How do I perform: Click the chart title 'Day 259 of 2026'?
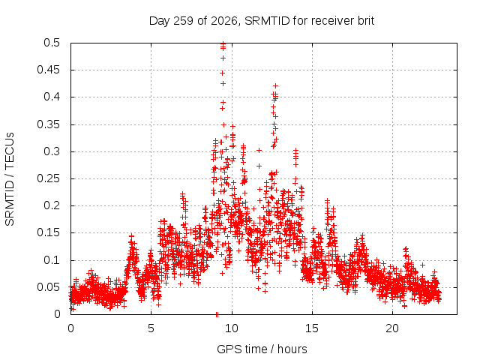[x=193, y=21]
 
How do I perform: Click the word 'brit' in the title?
[x=366, y=21]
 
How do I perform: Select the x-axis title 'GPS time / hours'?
[x=262, y=349]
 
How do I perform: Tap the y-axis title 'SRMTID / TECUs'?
[x=10, y=179]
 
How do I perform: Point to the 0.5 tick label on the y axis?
[x=52, y=43]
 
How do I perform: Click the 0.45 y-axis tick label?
[x=48, y=70]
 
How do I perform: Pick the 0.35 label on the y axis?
[x=48, y=124]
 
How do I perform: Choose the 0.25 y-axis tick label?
[x=48, y=178]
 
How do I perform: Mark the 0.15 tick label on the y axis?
[x=48, y=232]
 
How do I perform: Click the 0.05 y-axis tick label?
[x=48, y=287]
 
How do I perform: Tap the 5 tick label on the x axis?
[x=151, y=328]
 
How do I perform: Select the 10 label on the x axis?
[x=232, y=328]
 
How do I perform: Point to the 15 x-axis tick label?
[x=312, y=328]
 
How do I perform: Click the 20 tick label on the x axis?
[x=392, y=328]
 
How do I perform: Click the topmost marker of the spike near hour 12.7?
[x=275, y=85]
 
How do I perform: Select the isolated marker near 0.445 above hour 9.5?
[x=222, y=73]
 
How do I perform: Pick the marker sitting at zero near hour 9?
[x=217, y=314]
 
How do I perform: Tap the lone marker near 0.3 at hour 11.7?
[x=259, y=150]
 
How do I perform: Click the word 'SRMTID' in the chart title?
[x=267, y=21]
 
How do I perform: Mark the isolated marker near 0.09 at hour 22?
[x=422, y=265]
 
